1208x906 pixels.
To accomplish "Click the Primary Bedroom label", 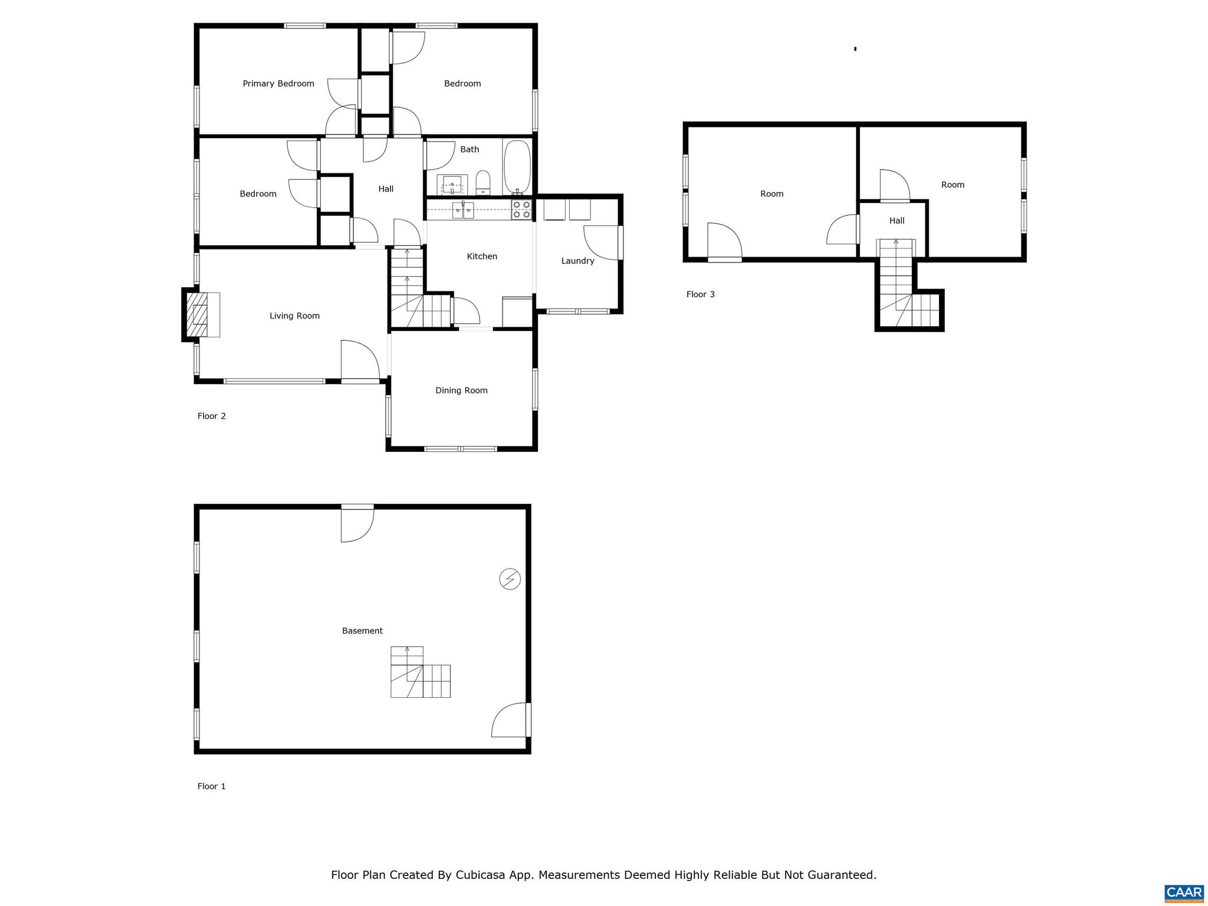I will pos(278,84).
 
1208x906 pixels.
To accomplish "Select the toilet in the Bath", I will pos(482,182).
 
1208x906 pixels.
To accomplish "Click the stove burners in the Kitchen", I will pos(521,210).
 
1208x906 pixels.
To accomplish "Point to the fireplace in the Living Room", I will pos(198,315).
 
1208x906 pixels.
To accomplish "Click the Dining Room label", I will pos(461,390).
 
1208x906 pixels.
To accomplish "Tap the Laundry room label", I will pos(577,261).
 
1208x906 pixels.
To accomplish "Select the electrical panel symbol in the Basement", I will pos(510,579).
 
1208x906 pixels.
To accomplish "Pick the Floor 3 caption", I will pos(700,294).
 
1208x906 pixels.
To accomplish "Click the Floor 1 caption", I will pos(211,786).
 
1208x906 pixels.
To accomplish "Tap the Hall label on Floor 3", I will pos(897,221).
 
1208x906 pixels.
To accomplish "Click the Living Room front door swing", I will pos(360,360).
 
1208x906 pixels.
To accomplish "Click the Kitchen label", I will pos(482,256).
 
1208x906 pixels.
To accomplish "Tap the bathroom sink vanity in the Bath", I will pos(452,185).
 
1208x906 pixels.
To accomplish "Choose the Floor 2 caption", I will pos(211,416).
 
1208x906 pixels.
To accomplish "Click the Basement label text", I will pos(362,631).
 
